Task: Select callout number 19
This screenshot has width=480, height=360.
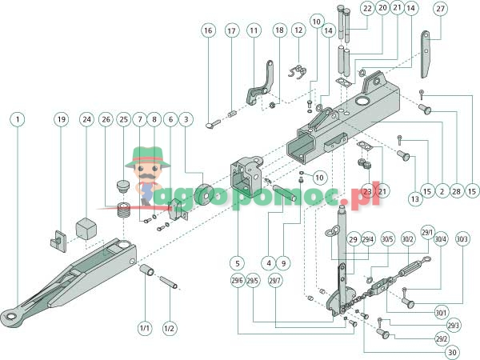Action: click(61, 119)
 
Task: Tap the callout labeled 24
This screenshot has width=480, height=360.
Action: click(86, 119)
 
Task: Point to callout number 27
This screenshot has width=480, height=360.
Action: click(440, 9)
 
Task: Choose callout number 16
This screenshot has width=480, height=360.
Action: click(208, 30)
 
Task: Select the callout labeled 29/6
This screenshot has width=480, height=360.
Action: click(237, 280)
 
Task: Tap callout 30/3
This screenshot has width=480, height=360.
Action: click(462, 238)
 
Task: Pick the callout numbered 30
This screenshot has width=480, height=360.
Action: click(453, 352)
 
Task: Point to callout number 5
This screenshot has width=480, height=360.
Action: click(237, 262)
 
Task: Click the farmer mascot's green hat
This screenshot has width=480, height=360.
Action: click(149, 152)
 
